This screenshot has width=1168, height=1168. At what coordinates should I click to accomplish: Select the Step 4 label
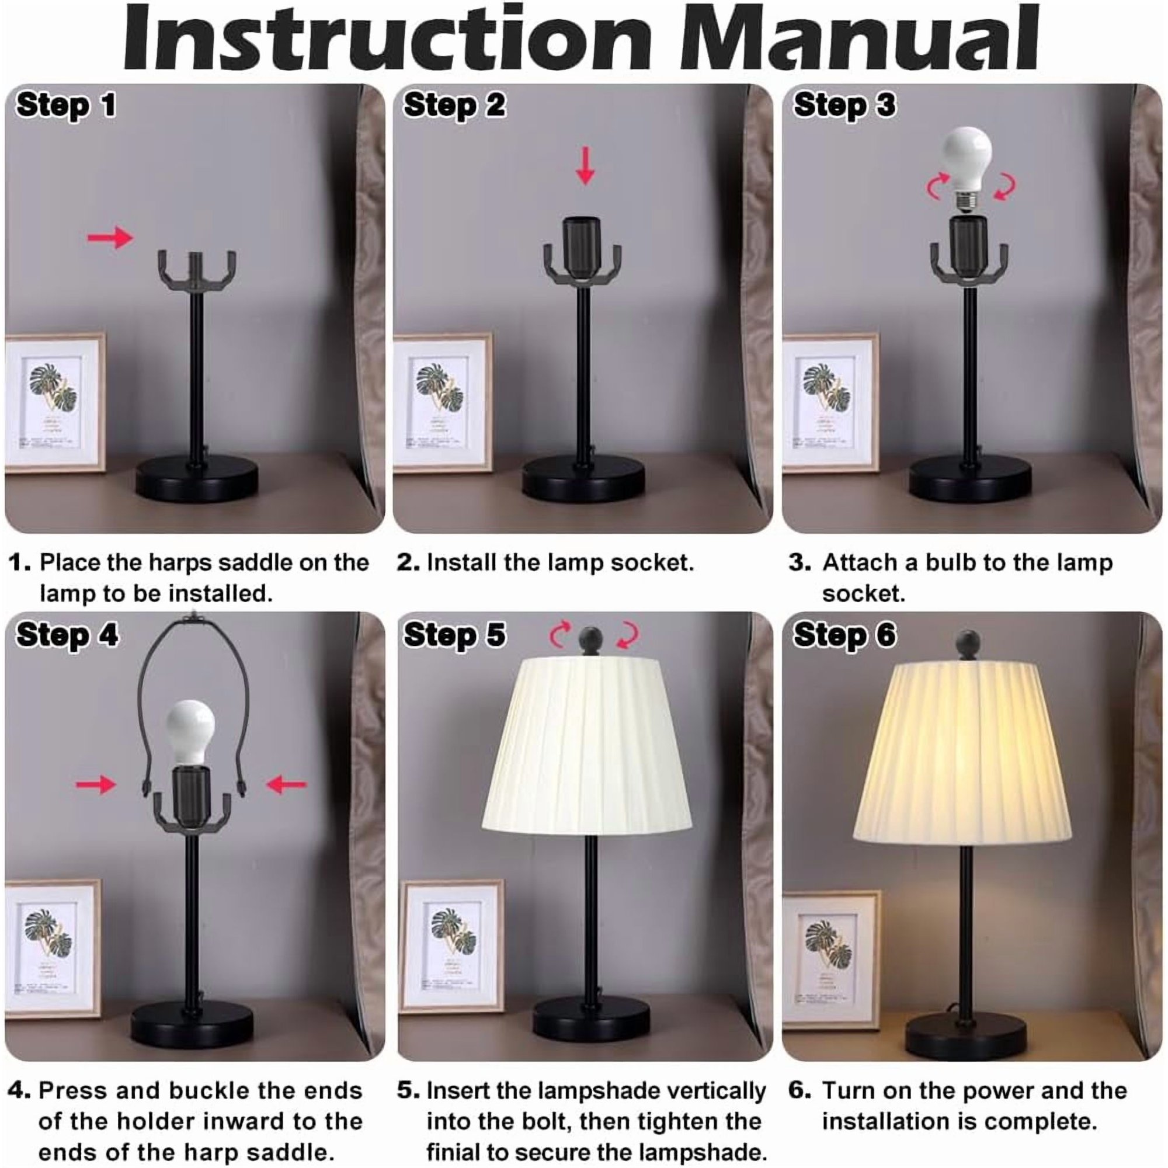pyautogui.click(x=67, y=635)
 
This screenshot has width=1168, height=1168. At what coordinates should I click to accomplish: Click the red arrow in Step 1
pyautogui.click(x=110, y=238)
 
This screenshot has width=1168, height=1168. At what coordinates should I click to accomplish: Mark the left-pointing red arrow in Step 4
pyautogui.click(x=287, y=785)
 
